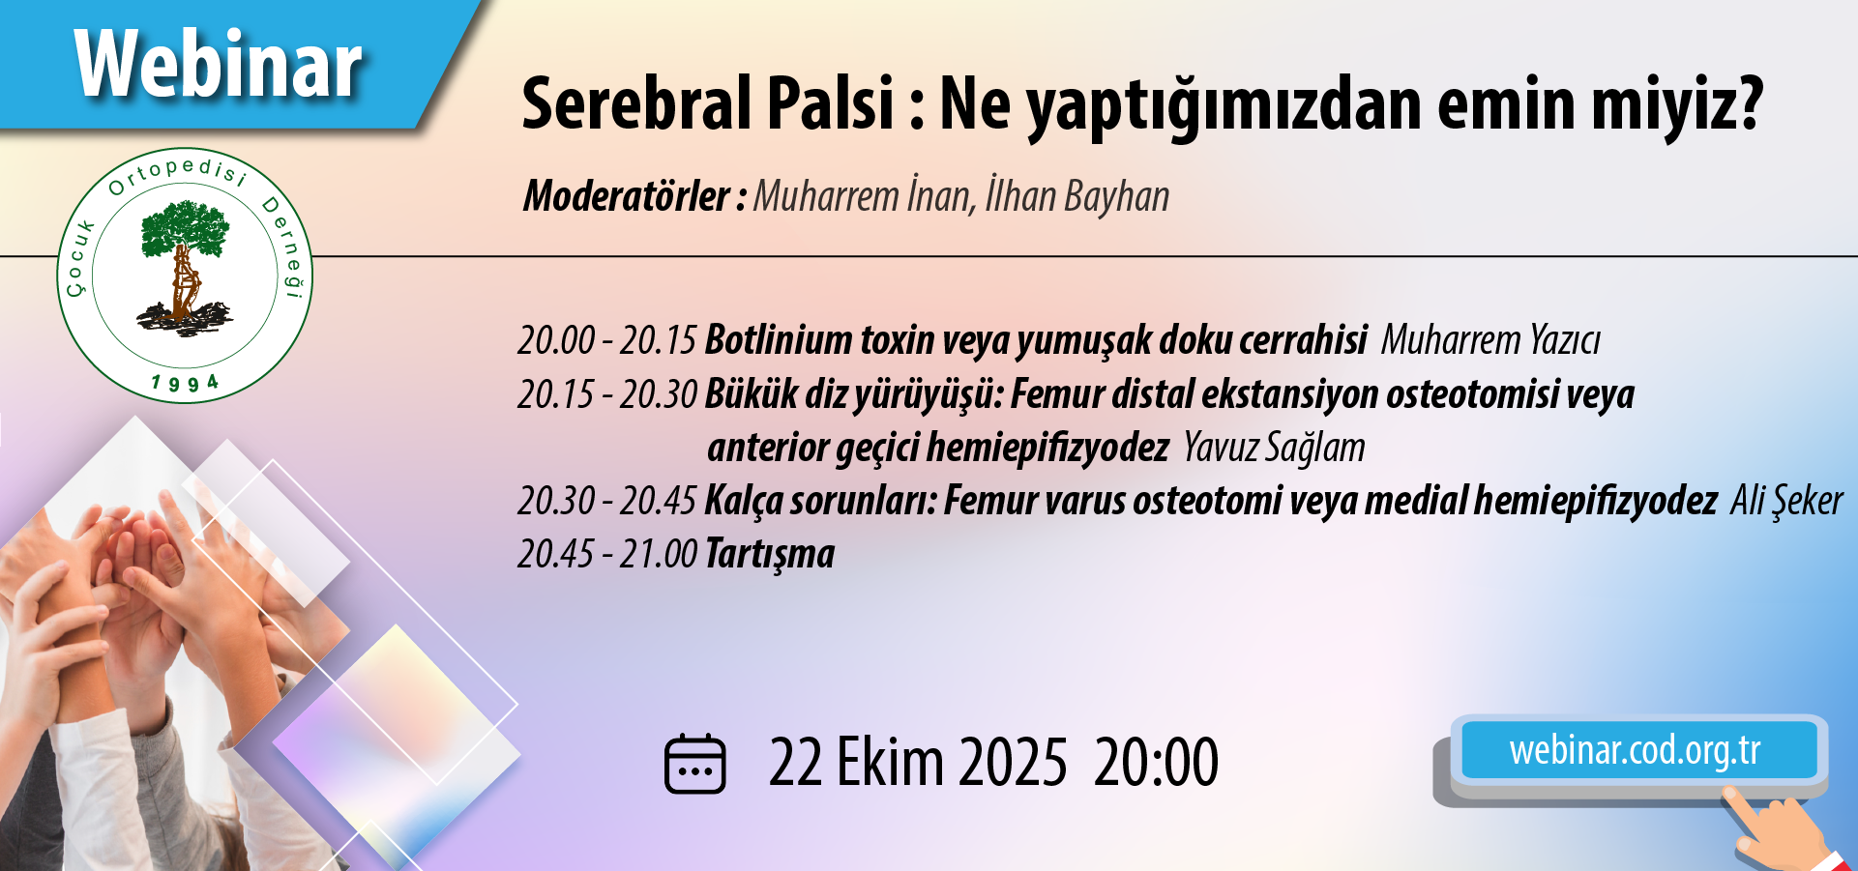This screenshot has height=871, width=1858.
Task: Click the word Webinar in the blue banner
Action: tap(219, 65)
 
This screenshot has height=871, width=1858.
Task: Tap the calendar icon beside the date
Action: tap(694, 764)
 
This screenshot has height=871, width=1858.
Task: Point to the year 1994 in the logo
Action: tap(186, 383)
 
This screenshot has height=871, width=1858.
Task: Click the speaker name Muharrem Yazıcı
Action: tap(1490, 340)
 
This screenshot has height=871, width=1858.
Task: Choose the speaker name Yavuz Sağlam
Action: tap(1274, 448)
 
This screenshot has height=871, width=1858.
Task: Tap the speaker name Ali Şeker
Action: tap(1786, 501)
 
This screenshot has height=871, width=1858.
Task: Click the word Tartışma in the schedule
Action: tap(770, 555)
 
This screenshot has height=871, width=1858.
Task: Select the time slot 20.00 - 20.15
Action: tap(607, 340)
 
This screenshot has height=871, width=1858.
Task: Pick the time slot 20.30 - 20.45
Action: tap(607, 501)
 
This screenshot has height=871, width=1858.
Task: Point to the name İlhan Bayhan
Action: tap(1077, 195)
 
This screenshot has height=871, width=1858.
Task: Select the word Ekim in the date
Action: tap(890, 763)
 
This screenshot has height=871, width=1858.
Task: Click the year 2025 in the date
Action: tap(1014, 763)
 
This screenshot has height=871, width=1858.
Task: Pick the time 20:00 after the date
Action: tap(1156, 763)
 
